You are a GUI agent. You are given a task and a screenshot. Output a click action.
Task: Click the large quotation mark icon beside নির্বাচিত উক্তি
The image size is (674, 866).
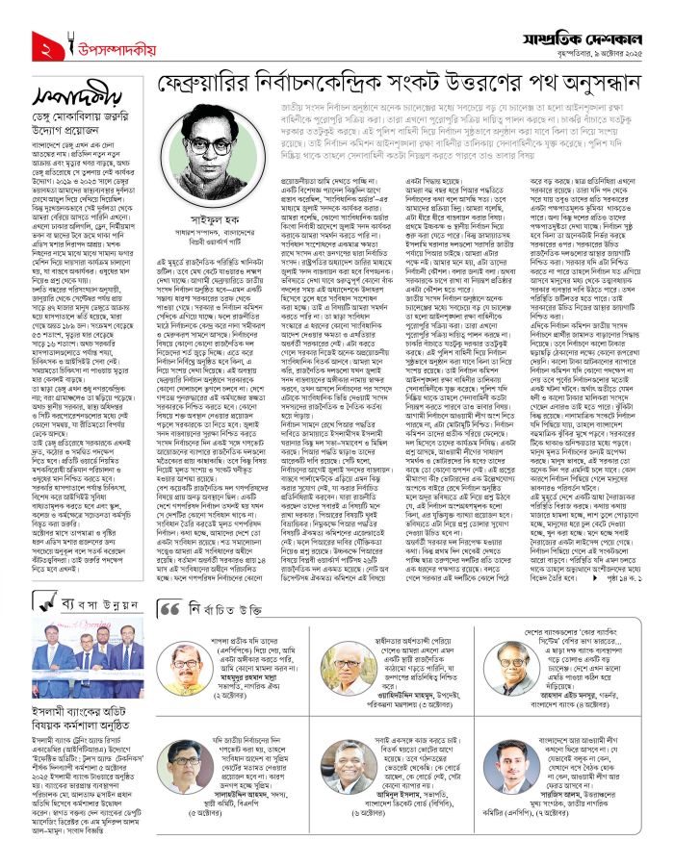[169, 609]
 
